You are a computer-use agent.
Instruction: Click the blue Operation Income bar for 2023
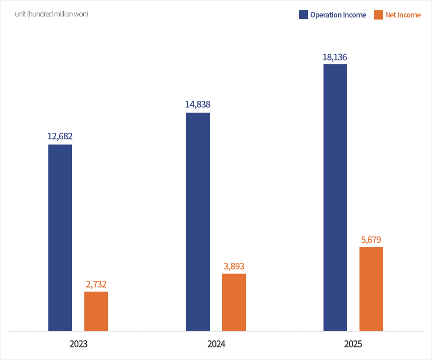pyautogui.click(x=60, y=238)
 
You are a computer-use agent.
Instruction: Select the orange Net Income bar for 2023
pyautogui.click(x=96, y=311)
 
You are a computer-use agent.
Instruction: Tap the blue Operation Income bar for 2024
pyautogui.click(x=198, y=222)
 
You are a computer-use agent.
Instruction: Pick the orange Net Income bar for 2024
pyautogui.click(x=234, y=302)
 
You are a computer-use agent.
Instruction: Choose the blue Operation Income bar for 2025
pyautogui.click(x=335, y=197)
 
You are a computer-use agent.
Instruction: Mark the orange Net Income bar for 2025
pyautogui.click(x=371, y=289)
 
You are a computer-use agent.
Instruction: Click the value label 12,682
pyautogui.click(x=60, y=136)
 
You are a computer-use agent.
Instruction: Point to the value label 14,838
pyautogui.click(x=198, y=104)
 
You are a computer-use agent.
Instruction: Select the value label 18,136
pyautogui.click(x=335, y=57)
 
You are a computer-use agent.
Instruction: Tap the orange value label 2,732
pyautogui.click(x=96, y=284)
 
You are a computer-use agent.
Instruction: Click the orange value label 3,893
pyautogui.click(x=234, y=266)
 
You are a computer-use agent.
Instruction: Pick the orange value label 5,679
pyautogui.click(x=371, y=239)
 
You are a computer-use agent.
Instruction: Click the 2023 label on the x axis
pyautogui.click(x=78, y=344)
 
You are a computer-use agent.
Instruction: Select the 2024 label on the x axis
pyautogui.click(x=216, y=344)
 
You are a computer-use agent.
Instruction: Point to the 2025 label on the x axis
pyautogui.click(x=353, y=344)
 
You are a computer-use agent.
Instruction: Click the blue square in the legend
pyautogui.click(x=303, y=15)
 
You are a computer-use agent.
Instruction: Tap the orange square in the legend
pyautogui.click(x=379, y=15)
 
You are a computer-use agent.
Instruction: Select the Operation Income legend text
pyautogui.click(x=338, y=15)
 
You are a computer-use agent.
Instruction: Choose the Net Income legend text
pyautogui.click(x=403, y=15)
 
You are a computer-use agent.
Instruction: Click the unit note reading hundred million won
pyautogui.click(x=51, y=14)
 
